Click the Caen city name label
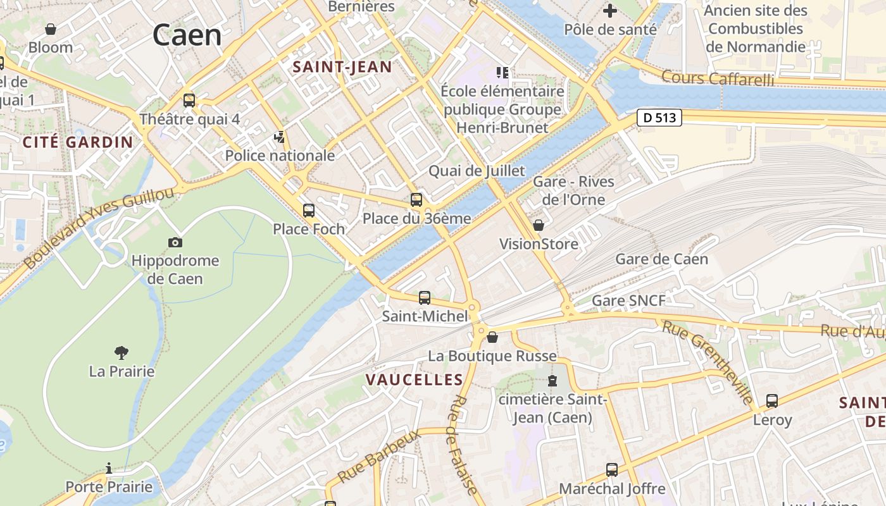(187, 35)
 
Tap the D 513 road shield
(659, 118)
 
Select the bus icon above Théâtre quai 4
(189, 100)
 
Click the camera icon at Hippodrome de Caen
(175, 242)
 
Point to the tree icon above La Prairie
(122, 352)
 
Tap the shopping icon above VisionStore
(539, 225)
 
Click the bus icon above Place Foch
(309, 210)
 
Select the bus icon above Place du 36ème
(416, 200)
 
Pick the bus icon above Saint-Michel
(425, 297)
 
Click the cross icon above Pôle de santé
(610, 11)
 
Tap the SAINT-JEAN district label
(342, 67)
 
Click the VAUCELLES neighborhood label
(415, 379)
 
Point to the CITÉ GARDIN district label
(78, 142)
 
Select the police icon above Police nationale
(279, 137)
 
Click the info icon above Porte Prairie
(109, 468)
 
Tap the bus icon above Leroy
(772, 400)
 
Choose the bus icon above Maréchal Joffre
(612, 469)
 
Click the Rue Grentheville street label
(708, 362)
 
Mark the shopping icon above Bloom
(51, 29)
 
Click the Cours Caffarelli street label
(718, 78)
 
